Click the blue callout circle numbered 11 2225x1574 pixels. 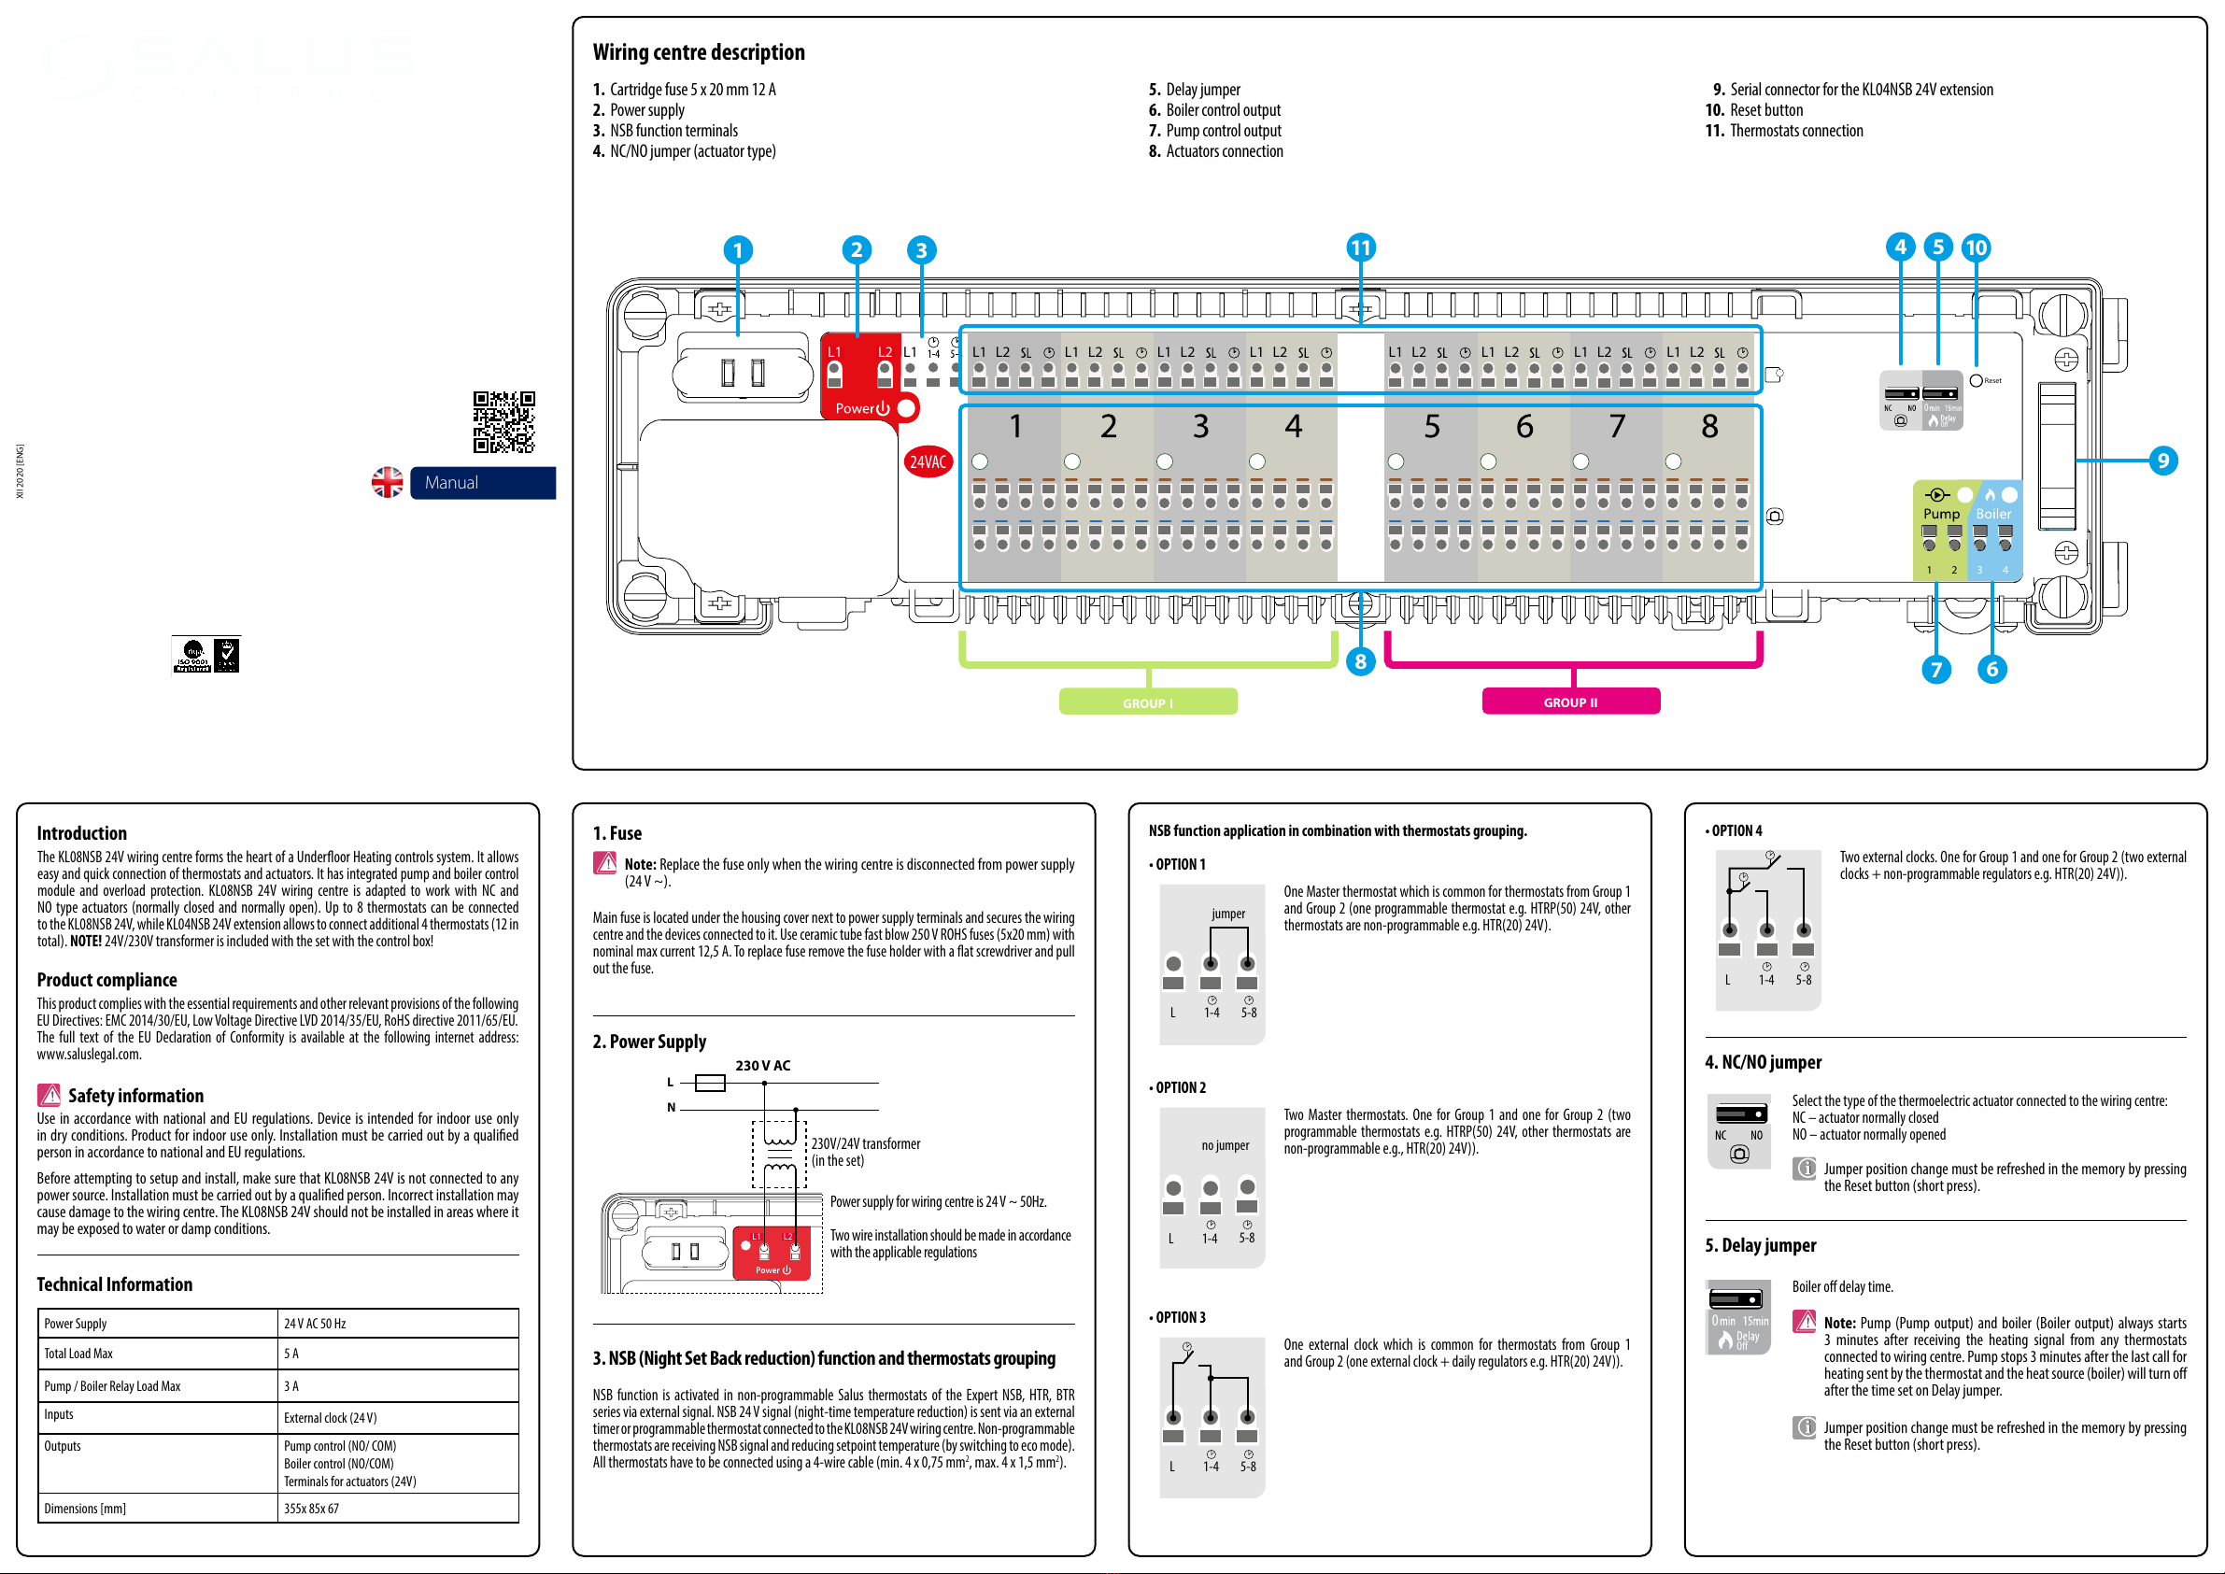click(x=1361, y=248)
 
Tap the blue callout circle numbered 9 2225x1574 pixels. click(x=2162, y=461)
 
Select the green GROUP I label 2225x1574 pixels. click(x=1147, y=702)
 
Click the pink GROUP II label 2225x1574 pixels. click(x=1570, y=702)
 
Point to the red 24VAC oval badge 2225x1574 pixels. click(x=928, y=462)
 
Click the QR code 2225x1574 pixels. click(x=503, y=421)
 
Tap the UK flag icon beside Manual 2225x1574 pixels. click(x=388, y=483)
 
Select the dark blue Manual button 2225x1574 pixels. click(x=483, y=483)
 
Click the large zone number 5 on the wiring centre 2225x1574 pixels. click(x=1431, y=427)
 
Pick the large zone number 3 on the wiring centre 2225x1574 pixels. click(x=1200, y=427)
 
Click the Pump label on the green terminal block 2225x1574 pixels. click(x=1941, y=514)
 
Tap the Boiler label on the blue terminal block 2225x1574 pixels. click(x=1993, y=514)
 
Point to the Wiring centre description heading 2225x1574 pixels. click(x=699, y=52)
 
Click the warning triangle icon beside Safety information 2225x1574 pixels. click(x=49, y=1095)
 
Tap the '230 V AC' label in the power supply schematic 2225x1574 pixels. click(x=762, y=1065)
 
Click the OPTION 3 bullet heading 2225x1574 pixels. click(x=1178, y=1317)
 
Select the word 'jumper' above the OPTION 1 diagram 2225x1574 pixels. click(x=1227, y=913)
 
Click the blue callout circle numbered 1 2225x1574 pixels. click(x=738, y=251)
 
